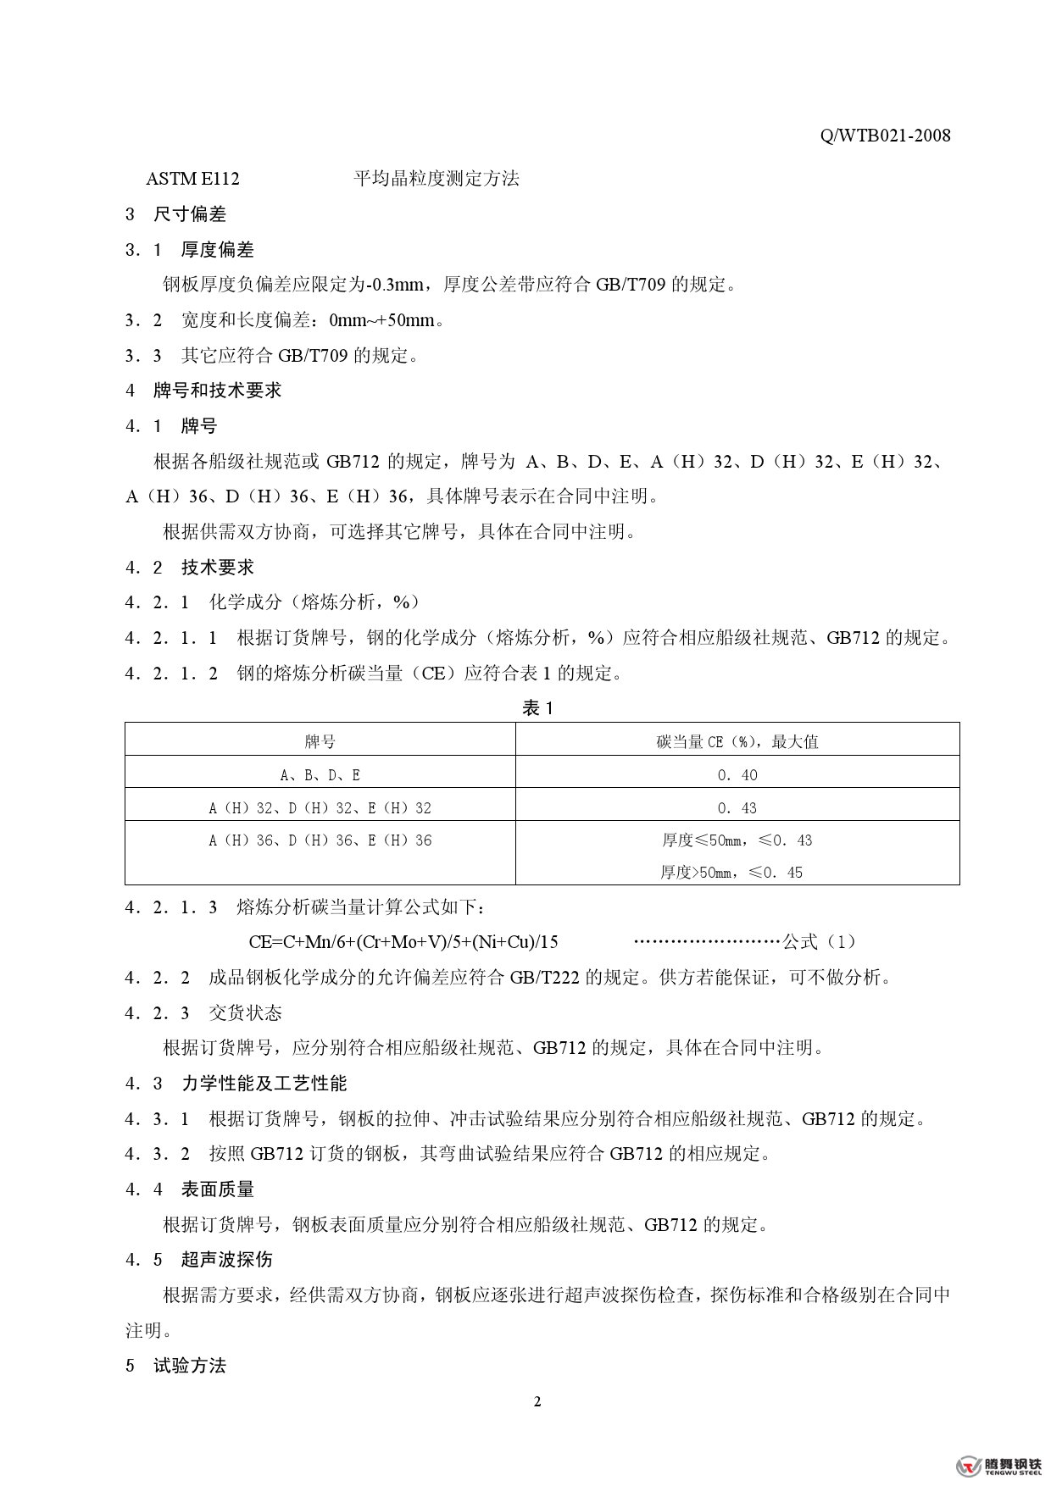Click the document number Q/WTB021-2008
pyautogui.click(x=885, y=136)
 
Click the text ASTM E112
pyautogui.click(x=192, y=179)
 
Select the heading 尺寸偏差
pyautogui.click(x=189, y=214)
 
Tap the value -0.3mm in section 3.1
pyautogui.click(x=398, y=286)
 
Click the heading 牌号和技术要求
pyautogui.click(x=217, y=391)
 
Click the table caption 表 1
pyautogui.click(x=537, y=708)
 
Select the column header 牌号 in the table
pyautogui.click(x=320, y=742)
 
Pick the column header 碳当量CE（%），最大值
pyautogui.click(x=737, y=742)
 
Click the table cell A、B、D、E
pyautogui.click(x=320, y=775)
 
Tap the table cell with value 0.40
pyautogui.click(x=737, y=775)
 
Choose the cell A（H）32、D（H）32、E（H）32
pyautogui.click(x=320, y=808)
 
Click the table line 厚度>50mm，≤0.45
pyautogui.click(x=731, y=873)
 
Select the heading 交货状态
pyautogui.click(x=245, y=1013)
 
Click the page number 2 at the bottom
pyautogui.click(x=537, y=1401)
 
